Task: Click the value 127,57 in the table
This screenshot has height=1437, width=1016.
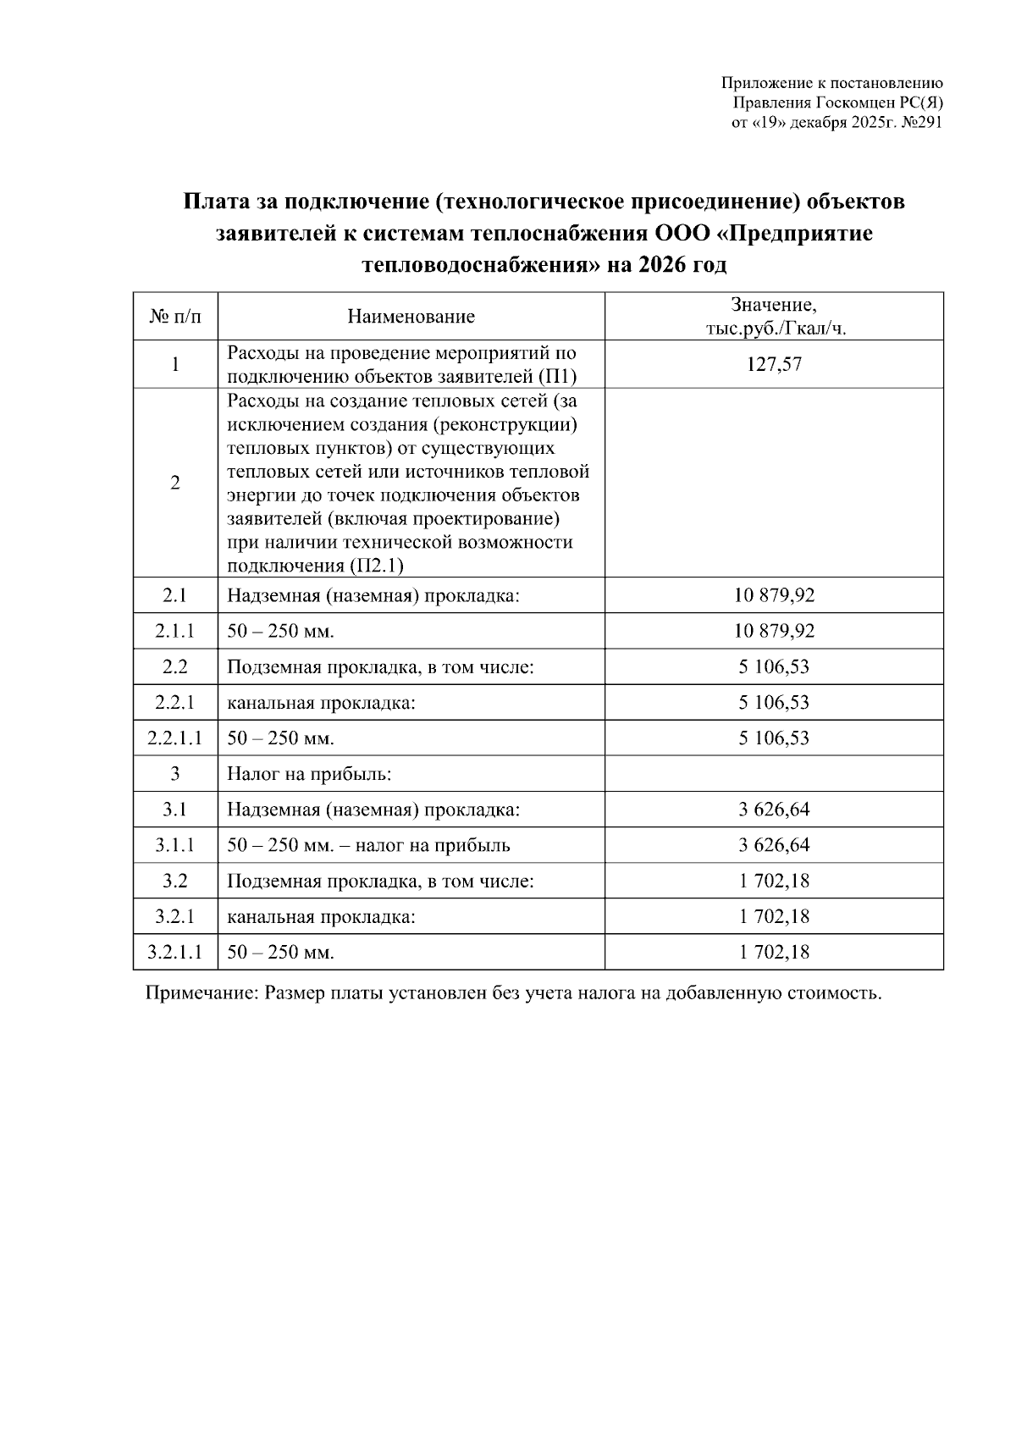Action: (x=774, y=365)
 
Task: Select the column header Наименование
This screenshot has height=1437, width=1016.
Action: (x=411, y=317)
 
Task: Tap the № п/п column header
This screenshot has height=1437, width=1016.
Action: (x=175, y=317)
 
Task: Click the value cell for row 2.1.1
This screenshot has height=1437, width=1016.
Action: (x=774, y=631)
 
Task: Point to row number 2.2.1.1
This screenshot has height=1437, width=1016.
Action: (x=175, y=738)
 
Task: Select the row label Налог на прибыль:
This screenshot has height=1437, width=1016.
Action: (x=308, y=774)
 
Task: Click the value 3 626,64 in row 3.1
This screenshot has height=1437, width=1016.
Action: (x=774, y=810)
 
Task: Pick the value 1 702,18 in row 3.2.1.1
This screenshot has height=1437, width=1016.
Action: (x=774, y=952)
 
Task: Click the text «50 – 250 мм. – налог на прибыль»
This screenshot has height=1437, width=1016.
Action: (x=368, y=845)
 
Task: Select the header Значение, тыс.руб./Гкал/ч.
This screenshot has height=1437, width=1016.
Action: (x=774, y=317)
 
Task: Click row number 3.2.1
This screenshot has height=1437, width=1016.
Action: (x=175, y=916)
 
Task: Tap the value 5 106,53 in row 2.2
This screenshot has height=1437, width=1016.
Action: (x=774, y=667)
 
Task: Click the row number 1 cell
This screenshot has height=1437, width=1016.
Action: (x=175, y=365)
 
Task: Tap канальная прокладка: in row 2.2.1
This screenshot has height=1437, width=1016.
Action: (x=321, y=703)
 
